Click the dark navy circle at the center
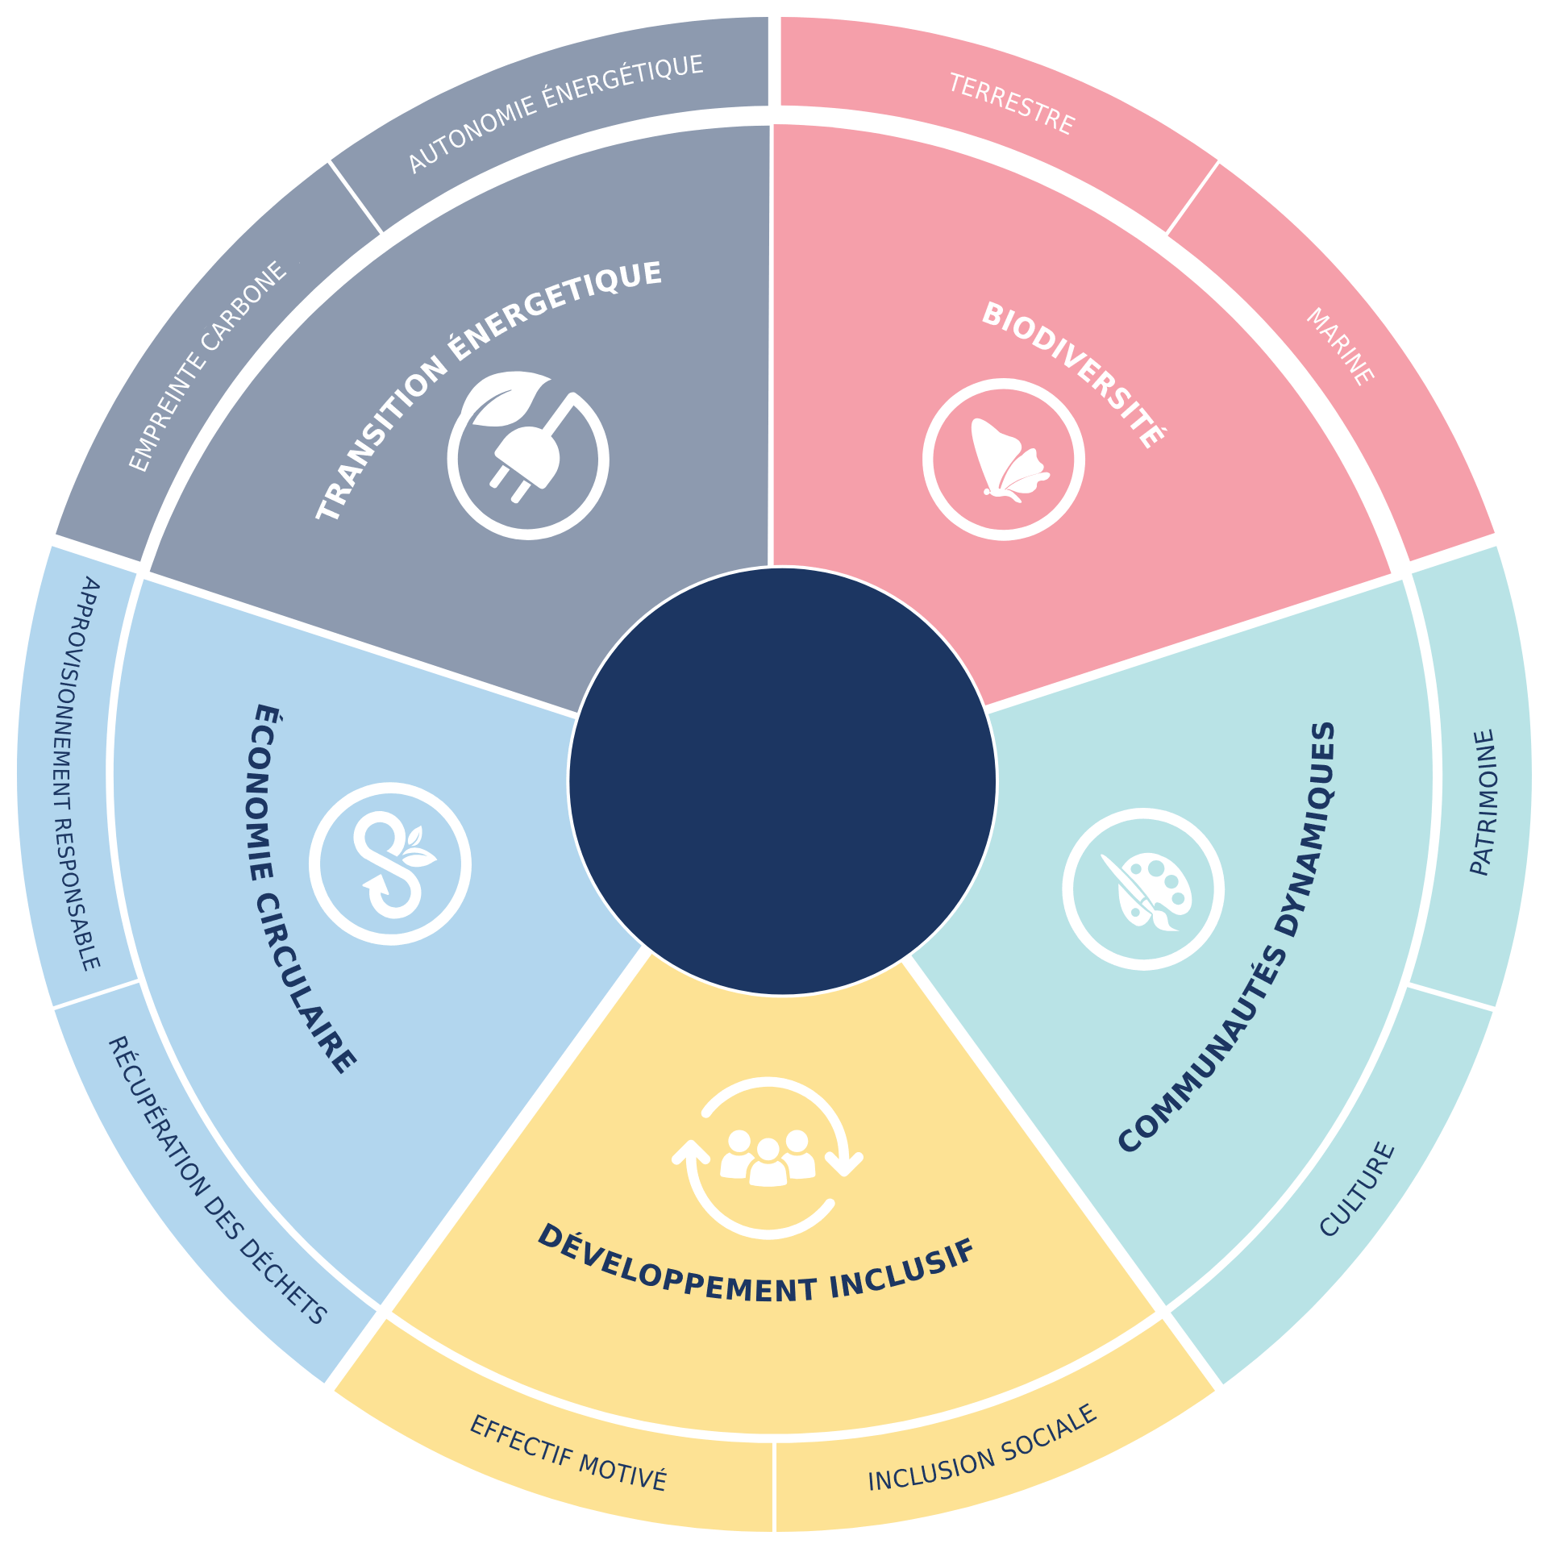[x=782, y=781]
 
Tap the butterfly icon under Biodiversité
[x=1009, y=460]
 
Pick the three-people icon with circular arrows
[x=768, y=1158]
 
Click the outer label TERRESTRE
[x=1011, y=104]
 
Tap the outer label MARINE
[x=1340, y=347]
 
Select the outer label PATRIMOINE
[x=1483, y=802]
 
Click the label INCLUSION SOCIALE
[x=983, y=1448]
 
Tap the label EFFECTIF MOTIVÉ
[x=568, y=1454]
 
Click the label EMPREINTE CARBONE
[x=207, y=366]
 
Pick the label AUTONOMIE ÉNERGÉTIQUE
[x=556, y=113]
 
